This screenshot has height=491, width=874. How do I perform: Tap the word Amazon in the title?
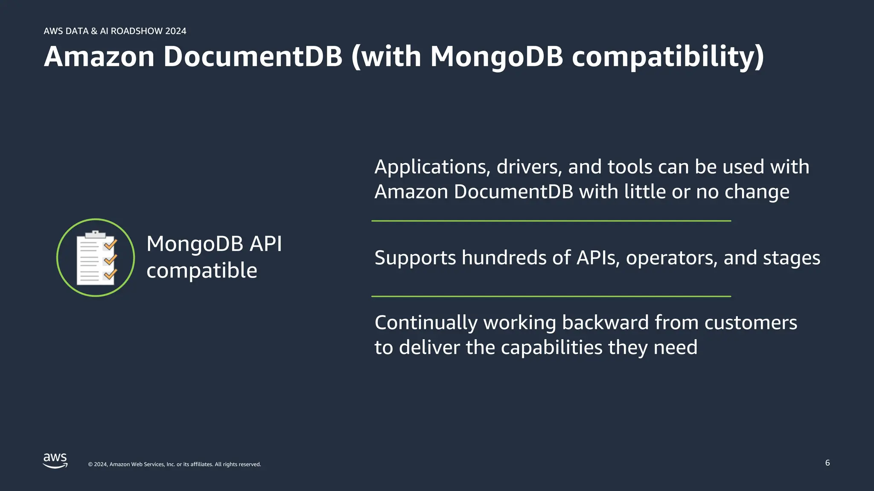pyautogui.click(x=99, y=57)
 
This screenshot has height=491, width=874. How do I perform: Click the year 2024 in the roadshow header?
pyautogui.click(x=176, y=31)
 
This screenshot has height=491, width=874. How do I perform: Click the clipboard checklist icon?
pyautogui.click(x=96, y=257)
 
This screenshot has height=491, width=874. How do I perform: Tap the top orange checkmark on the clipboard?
pyautogui.click(x=111, y=244)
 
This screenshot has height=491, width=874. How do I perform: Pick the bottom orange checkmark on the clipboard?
pyautogui.click(x=111, y=274)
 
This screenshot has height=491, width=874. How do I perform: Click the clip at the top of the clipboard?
pyautogui.click(x=96, y=234)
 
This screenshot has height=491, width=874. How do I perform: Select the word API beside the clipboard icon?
pyautogui.click(x=265, y=244)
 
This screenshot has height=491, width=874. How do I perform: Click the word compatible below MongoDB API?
pyautogui.click(x=202, y=271)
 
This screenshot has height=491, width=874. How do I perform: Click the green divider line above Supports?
pyautogui.click(x=551, y=221)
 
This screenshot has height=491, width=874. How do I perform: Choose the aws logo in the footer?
pyautogui.click(x=55, y=461)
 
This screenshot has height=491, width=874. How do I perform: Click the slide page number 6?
pyautogui.click(x=827, y=463)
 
